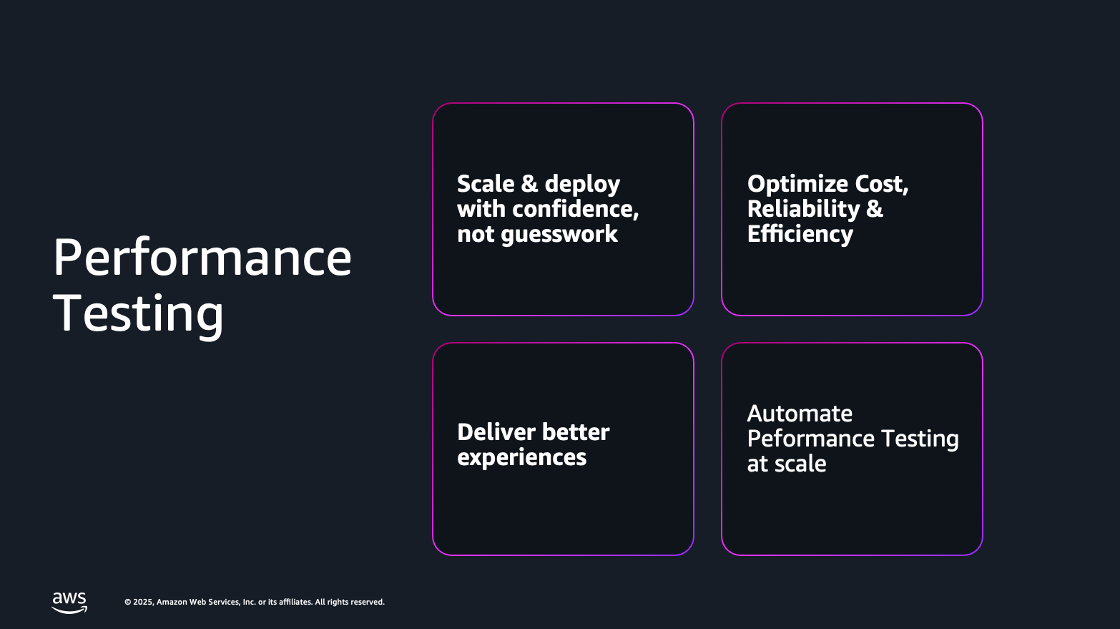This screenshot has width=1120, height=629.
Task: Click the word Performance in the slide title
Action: click(202, 258)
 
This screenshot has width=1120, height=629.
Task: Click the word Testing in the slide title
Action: click(139, 313)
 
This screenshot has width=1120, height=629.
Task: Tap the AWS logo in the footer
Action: click(69, 603)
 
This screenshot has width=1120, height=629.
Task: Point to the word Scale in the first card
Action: click(486, 184)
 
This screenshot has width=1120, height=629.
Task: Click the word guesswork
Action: click(559, 234)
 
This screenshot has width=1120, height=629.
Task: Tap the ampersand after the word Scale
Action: click(529, 184)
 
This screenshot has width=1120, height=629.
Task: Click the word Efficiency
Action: click(800, 234)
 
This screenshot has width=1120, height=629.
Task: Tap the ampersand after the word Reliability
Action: click(875, 209)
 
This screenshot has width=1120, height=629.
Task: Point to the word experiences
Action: click(521, 457)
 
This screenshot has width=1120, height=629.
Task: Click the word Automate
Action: click(800, 414)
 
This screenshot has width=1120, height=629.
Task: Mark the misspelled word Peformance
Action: click(811, 439)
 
